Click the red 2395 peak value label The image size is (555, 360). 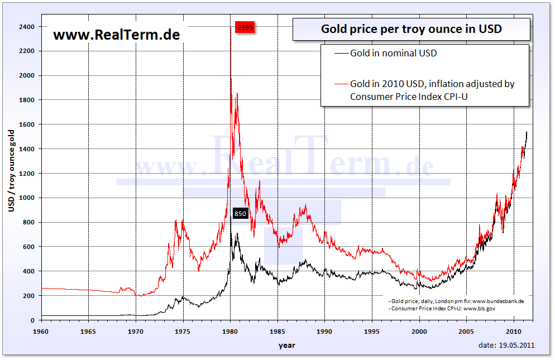pos(245,27)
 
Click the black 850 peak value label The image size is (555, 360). pos(240,213)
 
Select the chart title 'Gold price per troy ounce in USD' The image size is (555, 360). pos(411,29)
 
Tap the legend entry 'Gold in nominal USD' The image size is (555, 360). pos(393,54)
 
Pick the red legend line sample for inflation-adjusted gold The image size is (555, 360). pos(341,84)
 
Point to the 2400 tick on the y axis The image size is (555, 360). pos(26,27)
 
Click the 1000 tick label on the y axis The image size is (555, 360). pos(26,198)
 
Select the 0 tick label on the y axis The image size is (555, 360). pos(32,320)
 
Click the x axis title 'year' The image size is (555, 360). pos(287,345)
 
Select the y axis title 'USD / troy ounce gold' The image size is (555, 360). pos(11,170)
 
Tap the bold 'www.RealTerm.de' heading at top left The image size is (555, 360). pos(116,35)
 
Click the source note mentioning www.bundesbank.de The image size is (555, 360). pos(456,301)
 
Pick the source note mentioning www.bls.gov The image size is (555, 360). pos(441,308)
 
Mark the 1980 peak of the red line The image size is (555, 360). pos(231,79)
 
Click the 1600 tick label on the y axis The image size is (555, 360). pos(26,124)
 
